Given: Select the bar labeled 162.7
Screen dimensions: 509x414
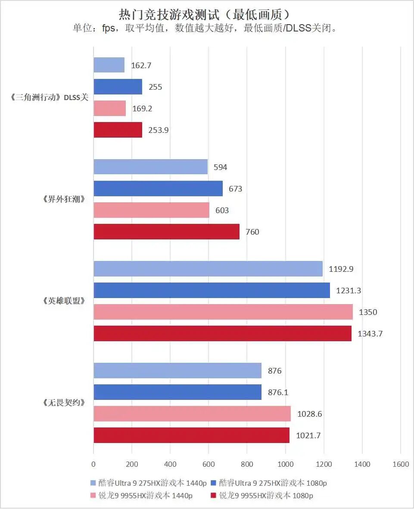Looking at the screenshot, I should coord(109,65).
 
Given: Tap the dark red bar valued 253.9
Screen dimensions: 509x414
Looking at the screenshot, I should coord(118,130).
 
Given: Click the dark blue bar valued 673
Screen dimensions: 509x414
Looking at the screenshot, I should coord(158,189).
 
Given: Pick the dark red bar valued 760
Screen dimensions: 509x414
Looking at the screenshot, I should coord(166,232).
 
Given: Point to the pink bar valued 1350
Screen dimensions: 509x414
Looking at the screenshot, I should coord(223,312).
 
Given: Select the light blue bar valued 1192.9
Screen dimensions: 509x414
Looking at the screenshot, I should coord(208,269).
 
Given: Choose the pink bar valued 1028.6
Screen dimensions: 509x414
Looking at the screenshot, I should coord(192,414).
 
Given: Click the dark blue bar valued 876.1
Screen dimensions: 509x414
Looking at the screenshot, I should coord(177,392).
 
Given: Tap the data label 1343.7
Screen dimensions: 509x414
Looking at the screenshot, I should coord(370,333).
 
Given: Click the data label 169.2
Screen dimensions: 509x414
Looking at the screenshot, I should coord(142,109).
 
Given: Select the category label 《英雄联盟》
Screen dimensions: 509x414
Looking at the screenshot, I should coord(63,301).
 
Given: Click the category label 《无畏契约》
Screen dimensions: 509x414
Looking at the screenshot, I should coord(63,403).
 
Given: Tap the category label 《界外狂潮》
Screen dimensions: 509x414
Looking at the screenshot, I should coord(63,199).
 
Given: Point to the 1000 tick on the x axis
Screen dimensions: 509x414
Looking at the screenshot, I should coord(285,464).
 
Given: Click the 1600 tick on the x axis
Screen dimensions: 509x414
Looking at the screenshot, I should coord(401,464).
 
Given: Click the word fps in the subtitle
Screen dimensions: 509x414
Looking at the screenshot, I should coord(108,29).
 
